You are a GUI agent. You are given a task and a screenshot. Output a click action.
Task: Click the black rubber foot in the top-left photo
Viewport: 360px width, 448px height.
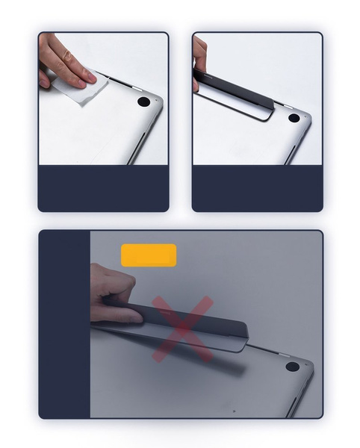pos(143,102)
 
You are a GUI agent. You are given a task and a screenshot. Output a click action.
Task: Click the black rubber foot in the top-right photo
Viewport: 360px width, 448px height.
pos(294,118)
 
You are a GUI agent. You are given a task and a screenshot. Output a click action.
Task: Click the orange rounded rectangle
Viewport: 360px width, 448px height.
pos(149,255)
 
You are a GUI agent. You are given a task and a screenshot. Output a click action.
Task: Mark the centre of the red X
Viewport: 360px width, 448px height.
pos(182,329)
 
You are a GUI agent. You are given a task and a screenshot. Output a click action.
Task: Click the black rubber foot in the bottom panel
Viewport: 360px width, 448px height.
pos(292,367)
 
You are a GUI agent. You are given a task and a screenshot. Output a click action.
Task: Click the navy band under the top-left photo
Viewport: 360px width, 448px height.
pos(103,188)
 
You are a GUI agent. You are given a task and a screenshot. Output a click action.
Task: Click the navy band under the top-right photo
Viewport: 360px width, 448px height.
pos(257,188)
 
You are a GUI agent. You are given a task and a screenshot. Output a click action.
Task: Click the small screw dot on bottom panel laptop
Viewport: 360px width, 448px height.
pos(234,411)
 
